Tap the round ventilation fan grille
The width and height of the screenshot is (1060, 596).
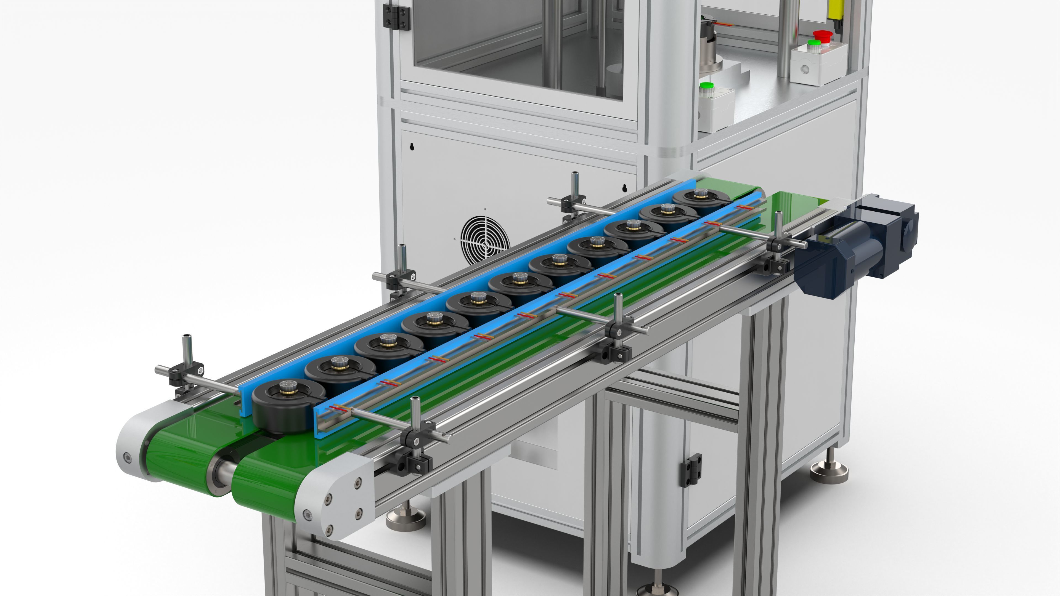(x=485, y=241)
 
